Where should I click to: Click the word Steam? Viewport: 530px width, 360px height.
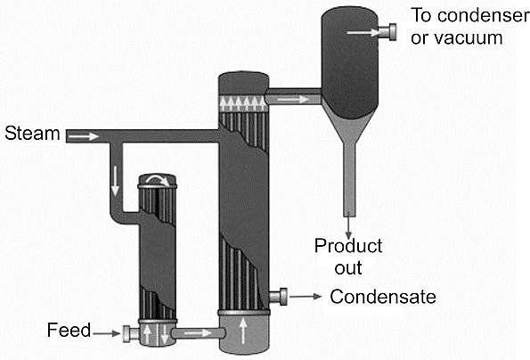tap(32, 133)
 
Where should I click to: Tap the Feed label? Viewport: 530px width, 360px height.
tap(69, 330)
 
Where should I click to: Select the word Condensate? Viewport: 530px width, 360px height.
tap(383, 297)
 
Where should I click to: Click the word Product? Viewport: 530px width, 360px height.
tap(348, 246)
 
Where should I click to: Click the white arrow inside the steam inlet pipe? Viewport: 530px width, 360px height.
tap(84, 136)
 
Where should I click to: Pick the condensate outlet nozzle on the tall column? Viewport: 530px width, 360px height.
tap(278, 297)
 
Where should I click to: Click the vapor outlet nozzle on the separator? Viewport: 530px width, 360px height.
tap(387, 32)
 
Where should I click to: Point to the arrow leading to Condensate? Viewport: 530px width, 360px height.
tap(306, 297)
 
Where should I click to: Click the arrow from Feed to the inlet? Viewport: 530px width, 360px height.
tap(107, 333)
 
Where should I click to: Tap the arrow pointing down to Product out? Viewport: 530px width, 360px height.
tap(348, 228)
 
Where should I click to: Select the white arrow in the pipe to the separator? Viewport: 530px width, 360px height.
tap(293, 100)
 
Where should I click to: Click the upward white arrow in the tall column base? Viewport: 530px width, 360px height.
tap(243, 331)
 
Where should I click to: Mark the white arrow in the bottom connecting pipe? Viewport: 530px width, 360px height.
tap(198, 333)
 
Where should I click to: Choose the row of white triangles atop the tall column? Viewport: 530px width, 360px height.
tap(242, 103)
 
